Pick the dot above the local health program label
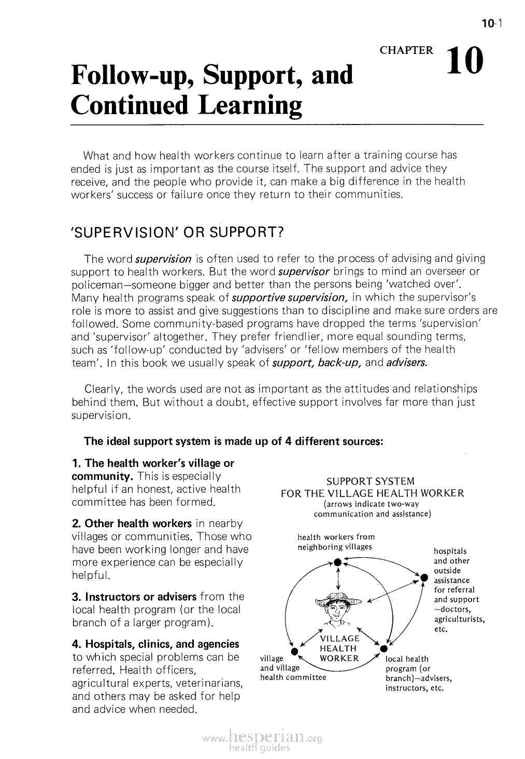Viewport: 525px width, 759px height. point(384,648)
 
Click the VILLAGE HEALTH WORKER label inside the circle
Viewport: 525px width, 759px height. point(339,648)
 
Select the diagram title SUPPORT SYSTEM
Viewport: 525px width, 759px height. point(373,481)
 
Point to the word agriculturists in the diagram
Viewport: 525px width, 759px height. point(459,619)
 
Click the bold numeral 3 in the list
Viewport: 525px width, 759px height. point(75,597)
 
